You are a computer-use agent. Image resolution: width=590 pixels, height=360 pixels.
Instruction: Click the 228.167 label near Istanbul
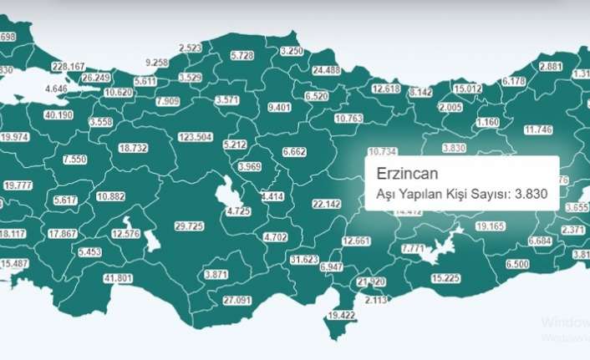tap(68, 66)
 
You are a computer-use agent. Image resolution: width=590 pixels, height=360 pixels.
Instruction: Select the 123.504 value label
tap(194, 137)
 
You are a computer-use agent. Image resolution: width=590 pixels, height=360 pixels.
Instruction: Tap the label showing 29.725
tap(188, 226)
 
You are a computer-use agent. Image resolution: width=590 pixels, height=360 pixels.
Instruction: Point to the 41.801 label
tap(118, 277)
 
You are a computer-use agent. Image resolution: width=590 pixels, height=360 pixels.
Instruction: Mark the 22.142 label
tap(326, 204)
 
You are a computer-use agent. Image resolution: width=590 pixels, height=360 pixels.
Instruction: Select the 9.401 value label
tap(279, 108)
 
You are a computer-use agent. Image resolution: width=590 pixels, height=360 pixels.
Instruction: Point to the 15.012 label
tap(467, 88)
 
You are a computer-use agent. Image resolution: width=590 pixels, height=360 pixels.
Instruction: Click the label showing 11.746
tap(538, 129)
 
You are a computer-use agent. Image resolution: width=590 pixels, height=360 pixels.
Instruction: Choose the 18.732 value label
tap(133, 147)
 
